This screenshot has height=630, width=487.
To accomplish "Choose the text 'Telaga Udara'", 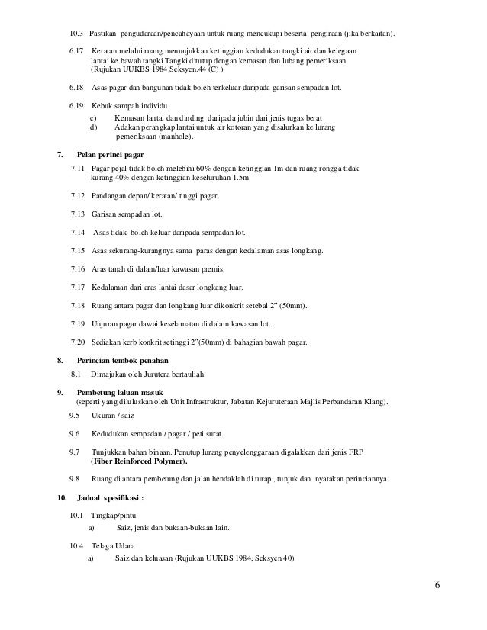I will tap(113, 546).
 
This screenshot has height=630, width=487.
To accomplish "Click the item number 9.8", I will tap(75, 479).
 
